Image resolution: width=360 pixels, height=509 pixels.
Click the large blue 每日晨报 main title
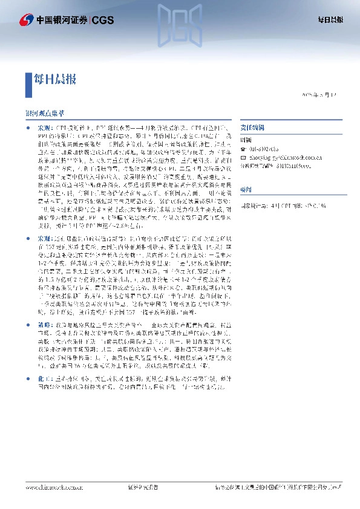pos(54,79)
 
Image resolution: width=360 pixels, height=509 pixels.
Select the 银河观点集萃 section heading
pos(44,114)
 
